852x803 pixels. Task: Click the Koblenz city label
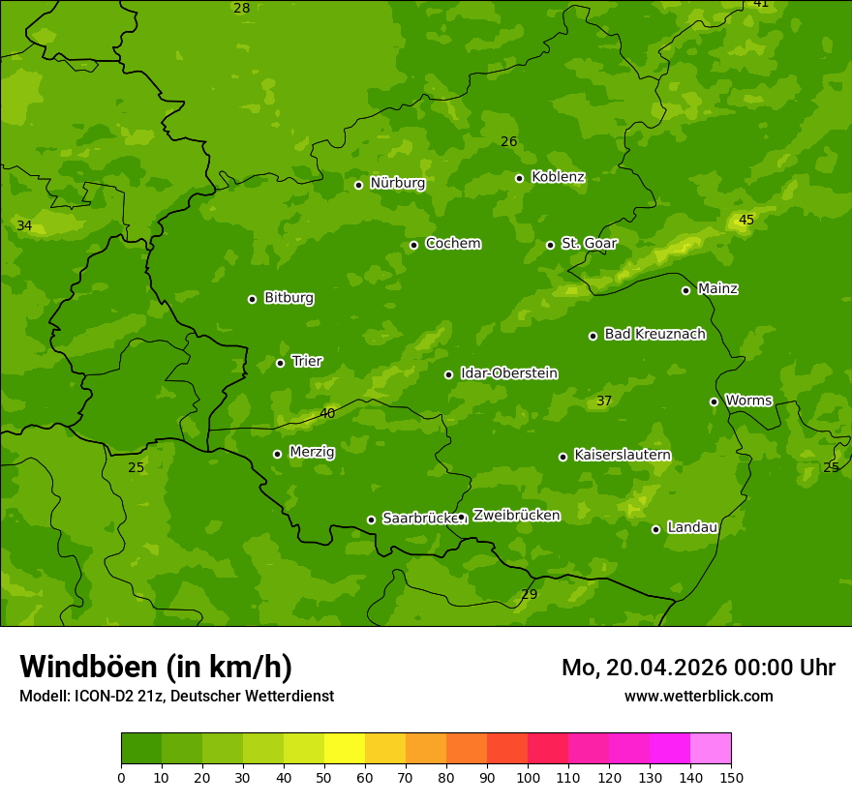coord(558,177)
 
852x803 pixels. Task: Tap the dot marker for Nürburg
coord(358,185)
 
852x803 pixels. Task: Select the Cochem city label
coord(452,244)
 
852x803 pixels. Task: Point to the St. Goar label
coord(589,244)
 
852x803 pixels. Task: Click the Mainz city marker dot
coord(685,290)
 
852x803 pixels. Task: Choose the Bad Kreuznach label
coord(654,335)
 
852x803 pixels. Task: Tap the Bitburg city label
coord(289,298)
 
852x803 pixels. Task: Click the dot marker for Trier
coord(281,364)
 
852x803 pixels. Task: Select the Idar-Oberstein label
coord(508,373)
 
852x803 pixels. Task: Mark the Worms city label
coord(748,401)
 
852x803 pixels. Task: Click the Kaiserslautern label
coord(622,456)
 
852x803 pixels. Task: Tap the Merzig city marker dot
coord(278,454)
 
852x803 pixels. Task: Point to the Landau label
coord(692,528)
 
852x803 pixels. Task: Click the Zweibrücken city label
coord(516,516)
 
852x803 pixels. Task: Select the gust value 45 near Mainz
coord(746,221)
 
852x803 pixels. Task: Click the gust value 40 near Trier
coord(327,414)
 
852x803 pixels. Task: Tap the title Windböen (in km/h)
coord(156,667)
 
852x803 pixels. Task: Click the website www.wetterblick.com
coord(698,696)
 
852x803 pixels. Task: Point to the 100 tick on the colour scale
coord(528,777)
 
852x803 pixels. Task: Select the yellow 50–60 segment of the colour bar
coord(345,749)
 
